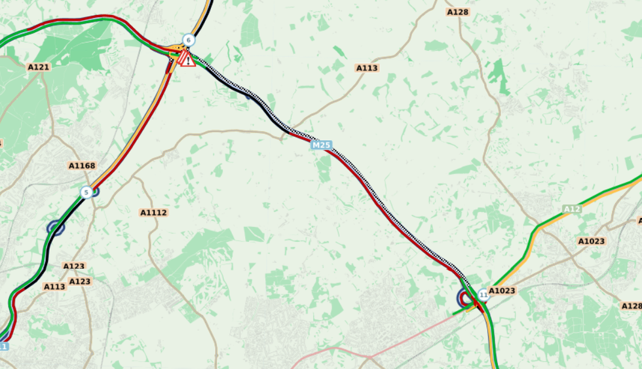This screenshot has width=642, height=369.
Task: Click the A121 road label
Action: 39,67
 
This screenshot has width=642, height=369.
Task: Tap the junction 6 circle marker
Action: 188,41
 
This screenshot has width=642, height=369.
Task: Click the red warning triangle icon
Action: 187,60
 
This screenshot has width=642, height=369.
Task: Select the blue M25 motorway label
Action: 321,145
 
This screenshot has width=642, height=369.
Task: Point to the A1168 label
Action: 82,166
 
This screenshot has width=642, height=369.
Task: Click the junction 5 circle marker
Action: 86,192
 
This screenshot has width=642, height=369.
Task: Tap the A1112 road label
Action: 154,213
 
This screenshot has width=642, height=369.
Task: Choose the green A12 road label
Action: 572,209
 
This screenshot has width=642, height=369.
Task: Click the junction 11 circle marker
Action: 483,295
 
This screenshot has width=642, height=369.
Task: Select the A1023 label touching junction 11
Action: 502,290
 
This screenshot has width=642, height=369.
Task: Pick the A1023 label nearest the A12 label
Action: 592,241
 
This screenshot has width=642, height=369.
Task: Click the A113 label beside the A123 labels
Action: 54,287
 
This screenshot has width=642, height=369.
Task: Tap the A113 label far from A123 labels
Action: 367,68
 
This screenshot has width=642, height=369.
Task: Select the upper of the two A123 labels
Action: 74,266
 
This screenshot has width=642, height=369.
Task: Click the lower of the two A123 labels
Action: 80,281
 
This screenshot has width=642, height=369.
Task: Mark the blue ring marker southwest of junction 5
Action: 56,227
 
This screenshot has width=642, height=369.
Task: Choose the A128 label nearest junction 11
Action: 631,306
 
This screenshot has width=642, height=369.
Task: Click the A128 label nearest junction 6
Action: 457,12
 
